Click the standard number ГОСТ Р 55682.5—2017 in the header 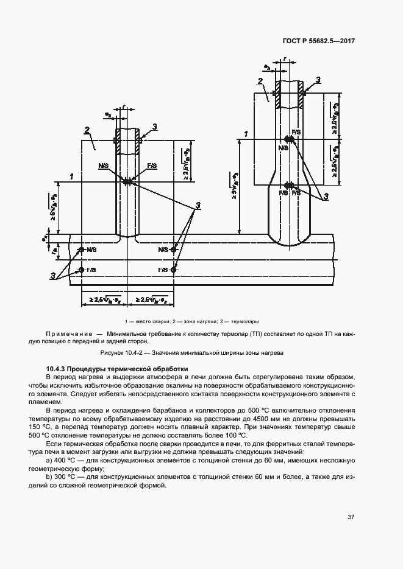pos(327,41)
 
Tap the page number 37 pos(351,517)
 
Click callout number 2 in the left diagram pos(88,130)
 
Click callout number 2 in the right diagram pos(260,81)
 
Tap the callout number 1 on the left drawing pos(72,176)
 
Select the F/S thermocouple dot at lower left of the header pos(81,269)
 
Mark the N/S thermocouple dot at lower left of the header pos(81,250)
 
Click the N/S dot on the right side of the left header pos(174,250)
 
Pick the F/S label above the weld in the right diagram pos(296,132)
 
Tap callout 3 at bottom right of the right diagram pos(326,196)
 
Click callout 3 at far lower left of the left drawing pos(54,276)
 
